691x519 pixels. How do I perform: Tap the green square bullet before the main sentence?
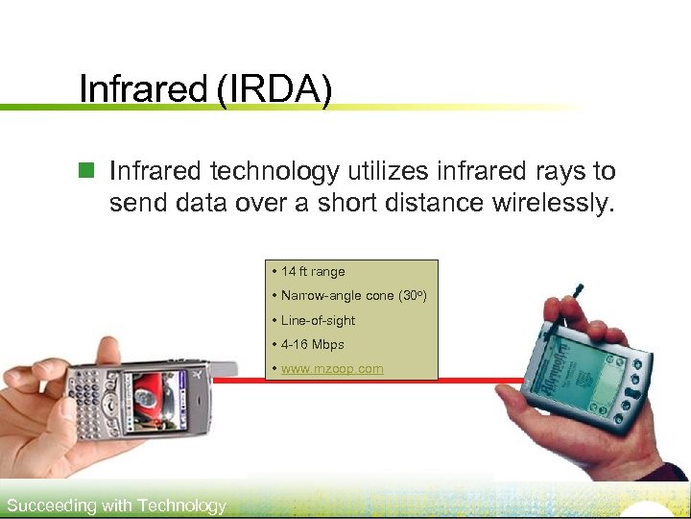pyautogui.click(x=87, y=172)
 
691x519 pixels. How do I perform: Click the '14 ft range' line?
pyautogui.click(x=313, y=272)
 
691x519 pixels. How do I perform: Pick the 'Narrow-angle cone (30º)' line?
pyautogui.click(x=353, y=296)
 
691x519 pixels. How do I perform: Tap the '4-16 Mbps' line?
pyautogui.click(x=312, y=344)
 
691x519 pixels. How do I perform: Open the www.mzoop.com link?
pyautogui.click(x=332, y=369)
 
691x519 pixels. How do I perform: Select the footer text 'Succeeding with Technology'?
pyautogui.click(x=116, y=506)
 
